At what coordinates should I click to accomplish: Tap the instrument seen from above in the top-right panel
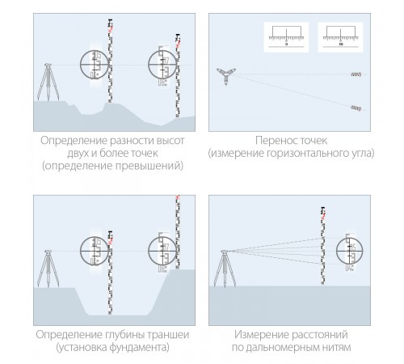[224, 74]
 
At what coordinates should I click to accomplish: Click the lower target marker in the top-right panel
[355, 108]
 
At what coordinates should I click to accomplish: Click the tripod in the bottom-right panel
[224, 266]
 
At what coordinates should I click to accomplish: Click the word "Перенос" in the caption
[270, 139]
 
